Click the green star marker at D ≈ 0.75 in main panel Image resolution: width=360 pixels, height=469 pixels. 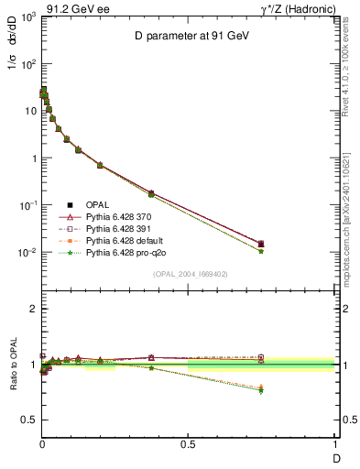261,251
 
